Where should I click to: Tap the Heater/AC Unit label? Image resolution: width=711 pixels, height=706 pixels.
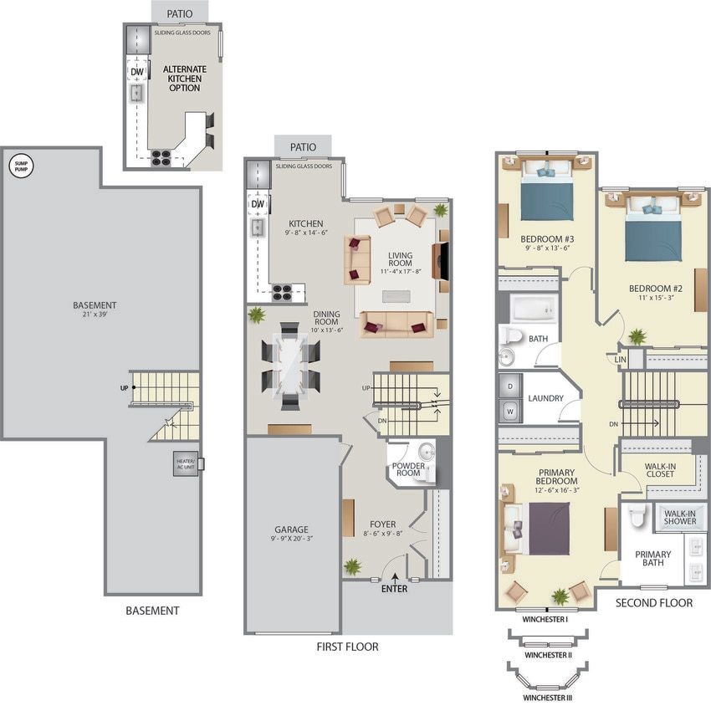click(185, 464)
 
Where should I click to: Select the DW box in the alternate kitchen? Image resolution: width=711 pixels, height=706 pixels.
click(137, 72)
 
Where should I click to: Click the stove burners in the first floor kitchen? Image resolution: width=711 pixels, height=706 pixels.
click(282, 292)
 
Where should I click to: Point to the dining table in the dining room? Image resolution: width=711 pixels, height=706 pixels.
click(289, 366)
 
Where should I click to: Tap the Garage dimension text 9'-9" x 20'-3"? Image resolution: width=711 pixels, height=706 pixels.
click(292, 540)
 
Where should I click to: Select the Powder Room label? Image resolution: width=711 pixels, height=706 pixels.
click(407, 468)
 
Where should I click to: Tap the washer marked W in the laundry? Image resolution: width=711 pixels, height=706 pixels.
click(509, 411)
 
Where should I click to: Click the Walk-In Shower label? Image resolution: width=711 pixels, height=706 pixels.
click(680, 516)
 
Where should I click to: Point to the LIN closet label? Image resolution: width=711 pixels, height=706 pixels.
click(621, 359)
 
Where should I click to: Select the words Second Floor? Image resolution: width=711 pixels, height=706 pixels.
click(654, 602)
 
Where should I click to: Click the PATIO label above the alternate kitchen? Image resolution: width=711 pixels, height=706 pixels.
click(179, 13)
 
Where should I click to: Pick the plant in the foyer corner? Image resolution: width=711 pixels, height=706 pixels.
click(353, 566)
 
